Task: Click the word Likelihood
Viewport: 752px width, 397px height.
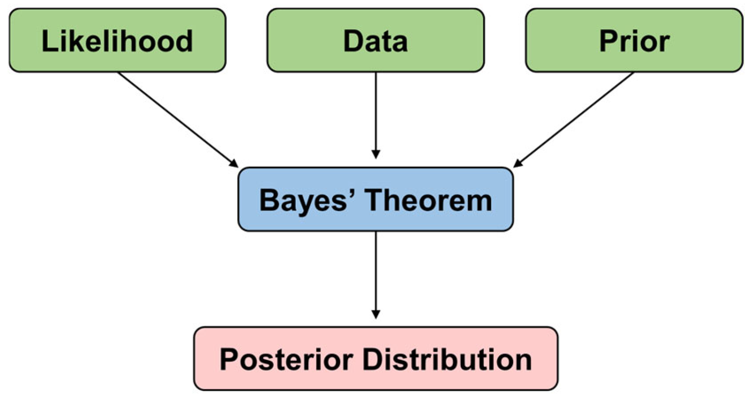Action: (x=117, y=41)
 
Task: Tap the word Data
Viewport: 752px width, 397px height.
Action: (x=376, y=41)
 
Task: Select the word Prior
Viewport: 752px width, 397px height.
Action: (x=634, y=41)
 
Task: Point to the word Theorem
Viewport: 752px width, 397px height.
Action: (x=429, y=200)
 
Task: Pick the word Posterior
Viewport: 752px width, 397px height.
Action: (x=286, y=359)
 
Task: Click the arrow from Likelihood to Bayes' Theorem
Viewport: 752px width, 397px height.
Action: (x=177, y=119)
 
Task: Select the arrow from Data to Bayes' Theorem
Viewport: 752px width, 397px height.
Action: (x=376, y=113)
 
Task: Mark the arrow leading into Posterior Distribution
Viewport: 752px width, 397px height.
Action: (x=376, y=273)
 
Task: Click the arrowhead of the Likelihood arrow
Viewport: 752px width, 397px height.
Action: (x=234, y=163)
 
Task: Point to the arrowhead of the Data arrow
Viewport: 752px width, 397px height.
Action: (x=376, y=154)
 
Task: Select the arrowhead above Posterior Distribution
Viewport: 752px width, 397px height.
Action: (x=376, y=314)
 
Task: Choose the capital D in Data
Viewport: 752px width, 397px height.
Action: (x=352, y=41)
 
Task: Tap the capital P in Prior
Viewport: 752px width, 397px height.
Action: (x=607, y=41)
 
